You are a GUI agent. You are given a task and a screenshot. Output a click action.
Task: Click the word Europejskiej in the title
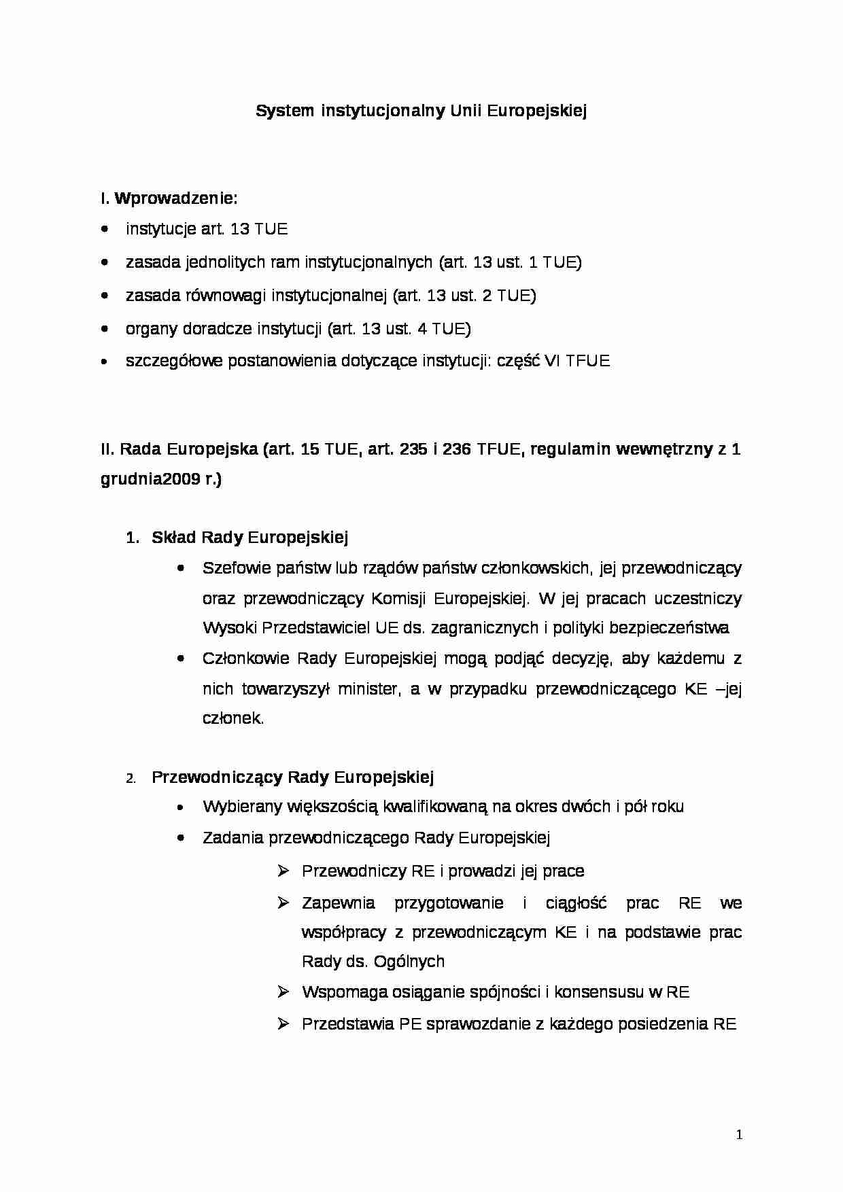pyautogui.click(x=536, y=111)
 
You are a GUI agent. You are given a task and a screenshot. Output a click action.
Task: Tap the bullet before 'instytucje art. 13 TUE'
pyautogui.click(x=104, y=230)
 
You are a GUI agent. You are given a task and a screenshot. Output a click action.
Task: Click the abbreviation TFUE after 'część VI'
pyautogui.click(x=588, y=361)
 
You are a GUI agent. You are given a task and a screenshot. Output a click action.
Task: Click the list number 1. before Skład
pyautogui.click(x=133, y=538)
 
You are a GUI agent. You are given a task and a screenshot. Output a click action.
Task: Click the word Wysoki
pyautogui.click(x=229, y=627)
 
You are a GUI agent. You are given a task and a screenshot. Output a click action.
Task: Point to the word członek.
pyautogui.click(x=232, y=718)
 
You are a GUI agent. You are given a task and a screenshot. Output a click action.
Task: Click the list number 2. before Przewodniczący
pyautogui.click(x=131, y=779)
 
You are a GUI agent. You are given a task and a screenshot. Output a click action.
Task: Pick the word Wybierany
pyautogui.click(x=241, y=807)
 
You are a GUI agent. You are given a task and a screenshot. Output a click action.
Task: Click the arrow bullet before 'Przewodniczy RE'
pyautogui.click(x=284, y=871)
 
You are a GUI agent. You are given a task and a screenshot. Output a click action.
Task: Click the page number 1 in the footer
pyautogui.click(x=740, y=1134)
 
